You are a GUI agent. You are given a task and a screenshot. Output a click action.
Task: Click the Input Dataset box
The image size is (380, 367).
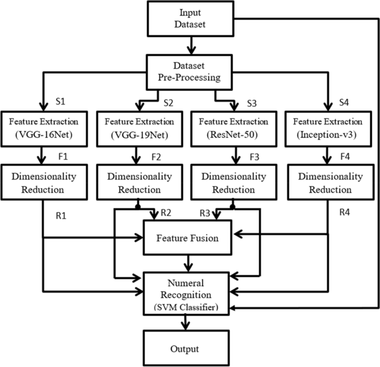[190, 19]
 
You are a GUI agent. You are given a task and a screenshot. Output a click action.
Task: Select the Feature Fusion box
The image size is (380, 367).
[190, 238]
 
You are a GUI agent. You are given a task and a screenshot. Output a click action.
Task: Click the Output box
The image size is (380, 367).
[190, 349]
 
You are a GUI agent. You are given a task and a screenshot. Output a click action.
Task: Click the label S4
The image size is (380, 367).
[343, 101]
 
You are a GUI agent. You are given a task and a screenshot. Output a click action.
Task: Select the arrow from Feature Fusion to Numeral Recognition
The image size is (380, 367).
[190, 263]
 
